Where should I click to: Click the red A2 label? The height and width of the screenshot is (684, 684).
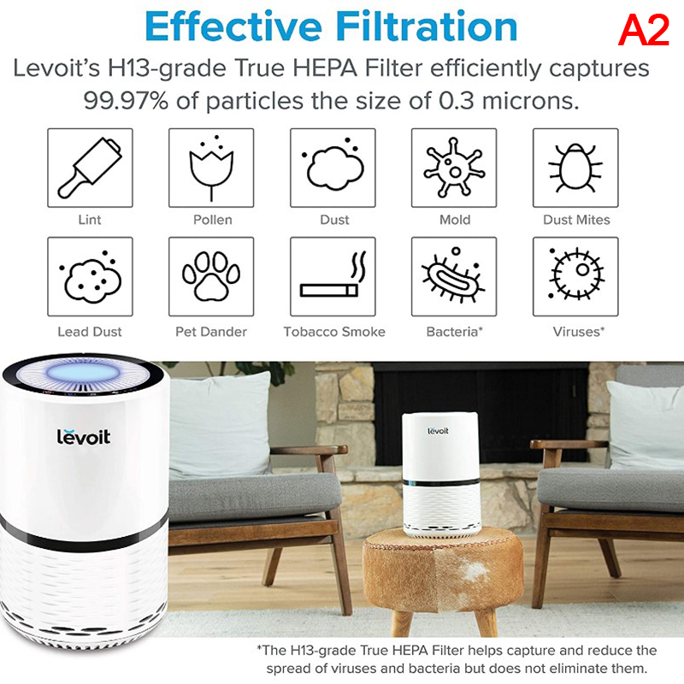(644, 30)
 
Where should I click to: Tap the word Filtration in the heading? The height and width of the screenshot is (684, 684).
(427, 27)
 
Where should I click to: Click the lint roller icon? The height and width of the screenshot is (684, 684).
(90, 168)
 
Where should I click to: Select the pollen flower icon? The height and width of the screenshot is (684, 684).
(211, 168)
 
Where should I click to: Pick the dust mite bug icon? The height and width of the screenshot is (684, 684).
(575, 168)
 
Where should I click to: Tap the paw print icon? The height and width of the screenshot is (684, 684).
(211, 276)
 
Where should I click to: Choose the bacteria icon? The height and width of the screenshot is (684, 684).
(453, 275)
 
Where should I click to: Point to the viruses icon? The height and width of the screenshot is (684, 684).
(575, 274)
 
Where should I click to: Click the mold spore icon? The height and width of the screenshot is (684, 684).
(454, 167)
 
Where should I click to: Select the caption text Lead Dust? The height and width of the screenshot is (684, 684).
(90, 332)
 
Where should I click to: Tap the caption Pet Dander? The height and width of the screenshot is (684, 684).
(211, 332)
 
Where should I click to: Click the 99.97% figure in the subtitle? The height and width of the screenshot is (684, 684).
(126, 101)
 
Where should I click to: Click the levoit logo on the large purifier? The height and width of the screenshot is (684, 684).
(83, 436)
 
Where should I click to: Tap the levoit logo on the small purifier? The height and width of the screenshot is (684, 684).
(438, 431)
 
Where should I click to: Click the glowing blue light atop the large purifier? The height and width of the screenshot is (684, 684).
(82, 373)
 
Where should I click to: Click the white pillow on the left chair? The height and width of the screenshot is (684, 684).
(220, 423)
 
